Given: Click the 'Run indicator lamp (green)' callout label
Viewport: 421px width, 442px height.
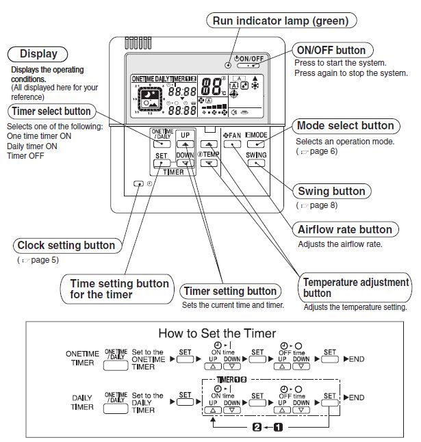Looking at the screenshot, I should [x=281, y=21].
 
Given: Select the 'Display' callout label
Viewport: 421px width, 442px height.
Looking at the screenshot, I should [x=38, y=54].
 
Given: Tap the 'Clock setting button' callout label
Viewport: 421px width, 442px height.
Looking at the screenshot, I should [x=66, y=245].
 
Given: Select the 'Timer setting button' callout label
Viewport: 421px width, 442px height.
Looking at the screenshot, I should [x=230, y=291].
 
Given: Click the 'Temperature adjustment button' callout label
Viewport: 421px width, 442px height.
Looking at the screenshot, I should [x=356, y=287].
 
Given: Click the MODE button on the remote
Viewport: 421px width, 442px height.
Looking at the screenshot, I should [x=256, y=145].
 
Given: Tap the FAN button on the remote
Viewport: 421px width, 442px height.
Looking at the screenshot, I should [x=232, y=145].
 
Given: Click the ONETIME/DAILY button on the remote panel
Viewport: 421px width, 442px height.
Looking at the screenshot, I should [x=162, y=144].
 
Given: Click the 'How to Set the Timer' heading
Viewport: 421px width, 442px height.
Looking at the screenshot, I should [x=217, y=333].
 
